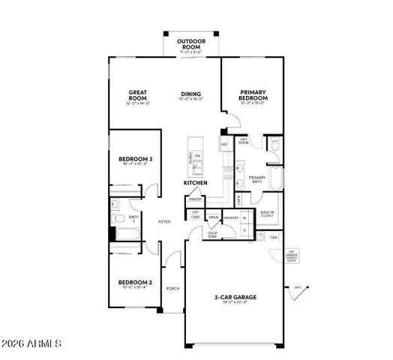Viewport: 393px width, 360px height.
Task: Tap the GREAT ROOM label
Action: pos(136,96)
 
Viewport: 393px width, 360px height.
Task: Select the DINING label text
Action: pos(190,94)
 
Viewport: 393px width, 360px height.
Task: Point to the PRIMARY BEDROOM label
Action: pos(253,96)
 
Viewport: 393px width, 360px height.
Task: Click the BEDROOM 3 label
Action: pos(136,159)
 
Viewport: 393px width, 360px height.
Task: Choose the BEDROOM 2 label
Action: pos(135,283)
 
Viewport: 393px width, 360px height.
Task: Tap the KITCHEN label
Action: pos(195,183)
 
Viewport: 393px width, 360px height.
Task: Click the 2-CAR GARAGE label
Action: pos(235,298)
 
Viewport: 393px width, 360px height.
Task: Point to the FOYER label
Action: pos(163,222)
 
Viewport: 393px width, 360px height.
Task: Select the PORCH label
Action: pos(172,287)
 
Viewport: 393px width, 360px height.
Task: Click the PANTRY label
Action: pos(195,199)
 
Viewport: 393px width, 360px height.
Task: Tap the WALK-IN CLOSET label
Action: pos(266,214)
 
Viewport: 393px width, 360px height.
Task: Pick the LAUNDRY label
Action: pos(231,217)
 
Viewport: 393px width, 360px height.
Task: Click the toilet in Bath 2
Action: pos(118,219)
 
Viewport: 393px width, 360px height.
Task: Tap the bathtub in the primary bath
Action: pos(275,178)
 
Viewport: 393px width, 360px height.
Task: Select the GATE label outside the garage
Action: pos(298,286)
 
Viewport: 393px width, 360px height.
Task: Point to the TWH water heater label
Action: pos(274,236)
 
